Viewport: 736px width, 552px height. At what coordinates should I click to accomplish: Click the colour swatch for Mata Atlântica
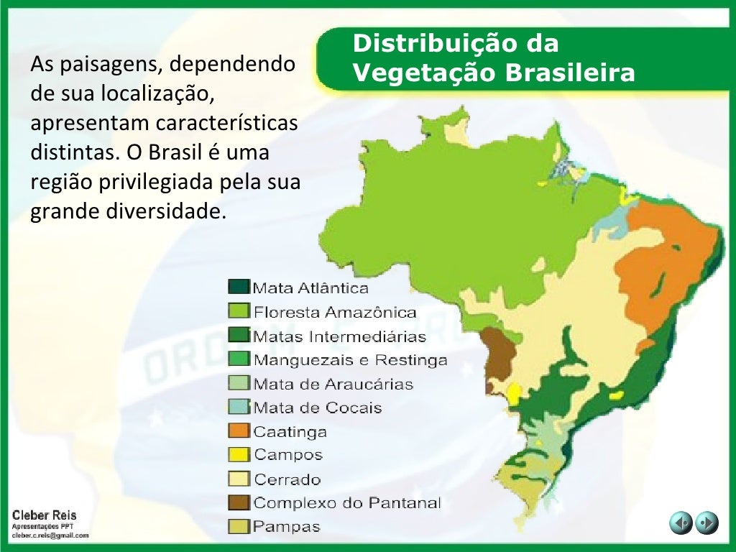point(239,287)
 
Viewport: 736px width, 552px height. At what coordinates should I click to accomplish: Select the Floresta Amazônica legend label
point(335,312)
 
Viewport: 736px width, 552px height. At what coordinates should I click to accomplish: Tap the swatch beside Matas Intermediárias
point(239,336)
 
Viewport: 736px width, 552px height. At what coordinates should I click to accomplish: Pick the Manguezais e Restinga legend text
point(350,359)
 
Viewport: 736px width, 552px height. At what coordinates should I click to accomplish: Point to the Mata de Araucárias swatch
point(239,383)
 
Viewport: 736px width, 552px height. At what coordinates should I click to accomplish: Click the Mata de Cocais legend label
point(318,408)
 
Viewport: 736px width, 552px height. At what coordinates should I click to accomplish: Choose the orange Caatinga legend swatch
point(239,431)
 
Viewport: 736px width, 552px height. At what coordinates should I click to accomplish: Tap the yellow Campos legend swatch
point(239,455)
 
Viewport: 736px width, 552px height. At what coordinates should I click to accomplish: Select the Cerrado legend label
point(287,479)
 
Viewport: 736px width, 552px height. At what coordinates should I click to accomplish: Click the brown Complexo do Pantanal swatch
point(239,502)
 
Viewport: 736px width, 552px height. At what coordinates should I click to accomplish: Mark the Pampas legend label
point(287,527)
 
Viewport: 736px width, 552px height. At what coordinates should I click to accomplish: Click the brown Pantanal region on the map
point(499,353)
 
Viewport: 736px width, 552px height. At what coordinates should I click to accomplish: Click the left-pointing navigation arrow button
point(681,523)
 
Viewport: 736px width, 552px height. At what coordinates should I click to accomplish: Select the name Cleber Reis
point(44,515)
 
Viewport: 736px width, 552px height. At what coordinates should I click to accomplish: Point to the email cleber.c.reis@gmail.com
point(50,535)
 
